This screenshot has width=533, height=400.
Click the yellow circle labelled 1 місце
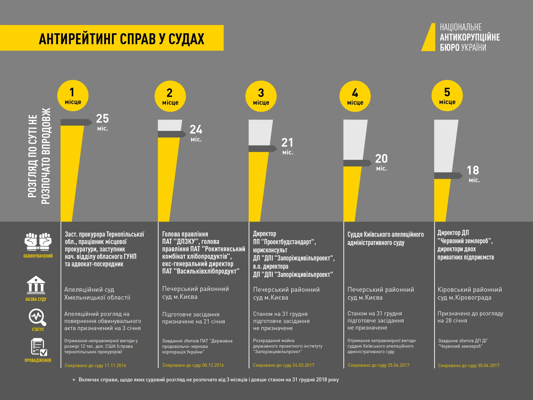click(x=73, y=96)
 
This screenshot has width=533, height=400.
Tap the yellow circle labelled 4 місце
click(x=355, y=96)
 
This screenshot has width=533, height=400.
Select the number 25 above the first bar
click(x=102, y=119)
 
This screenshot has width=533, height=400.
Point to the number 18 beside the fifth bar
click(x=473, y=170)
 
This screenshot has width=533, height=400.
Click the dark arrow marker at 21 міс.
click(x=263, y=149)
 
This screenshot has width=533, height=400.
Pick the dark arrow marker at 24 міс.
click(x=172, y=134)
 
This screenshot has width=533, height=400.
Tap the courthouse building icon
click(x=36, y=285)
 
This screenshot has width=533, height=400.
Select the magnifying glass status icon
click(x=37, y=317)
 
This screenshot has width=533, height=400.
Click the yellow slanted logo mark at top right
click(x=429, y=37)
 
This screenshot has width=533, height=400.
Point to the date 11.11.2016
click(x=115, y=365)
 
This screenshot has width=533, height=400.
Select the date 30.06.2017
click(x=488, y=365)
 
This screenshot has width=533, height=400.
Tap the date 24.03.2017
click(x=303, y=365)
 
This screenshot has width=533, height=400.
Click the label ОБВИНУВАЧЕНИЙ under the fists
click(x=38, y=256)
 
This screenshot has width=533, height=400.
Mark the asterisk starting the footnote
click(x=74, y=380)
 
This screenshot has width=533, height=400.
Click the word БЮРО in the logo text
click(x=450, y=48)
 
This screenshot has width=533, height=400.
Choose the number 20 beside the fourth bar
click(x=381, y=159)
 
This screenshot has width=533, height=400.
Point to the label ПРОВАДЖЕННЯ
click(x=38, y=360)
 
